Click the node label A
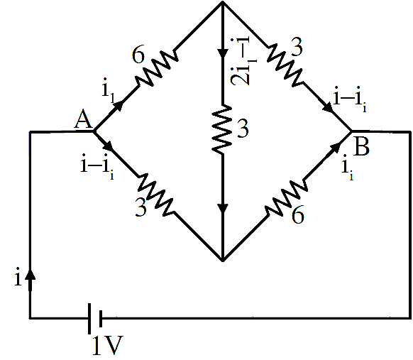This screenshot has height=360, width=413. [83, 119]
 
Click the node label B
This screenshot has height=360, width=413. [362, 146]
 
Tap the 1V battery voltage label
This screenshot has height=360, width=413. [108, 345]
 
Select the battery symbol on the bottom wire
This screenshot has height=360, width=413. [95, 319]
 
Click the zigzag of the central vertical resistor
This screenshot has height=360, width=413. [222, 129]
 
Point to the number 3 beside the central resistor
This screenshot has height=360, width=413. [243, 129]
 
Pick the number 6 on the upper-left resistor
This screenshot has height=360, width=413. [138, 55]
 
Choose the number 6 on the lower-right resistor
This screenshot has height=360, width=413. [297, 214]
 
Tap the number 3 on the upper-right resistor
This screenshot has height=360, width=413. [297, 47]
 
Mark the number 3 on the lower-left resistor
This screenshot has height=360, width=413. [141, 207]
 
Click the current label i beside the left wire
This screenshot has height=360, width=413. [18, 277]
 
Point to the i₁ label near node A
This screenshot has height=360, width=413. [108, 89]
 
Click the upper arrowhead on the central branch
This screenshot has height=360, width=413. [223, 53]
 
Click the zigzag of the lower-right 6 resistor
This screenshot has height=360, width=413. [286, 198]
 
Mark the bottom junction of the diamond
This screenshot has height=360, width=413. [223, 261]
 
